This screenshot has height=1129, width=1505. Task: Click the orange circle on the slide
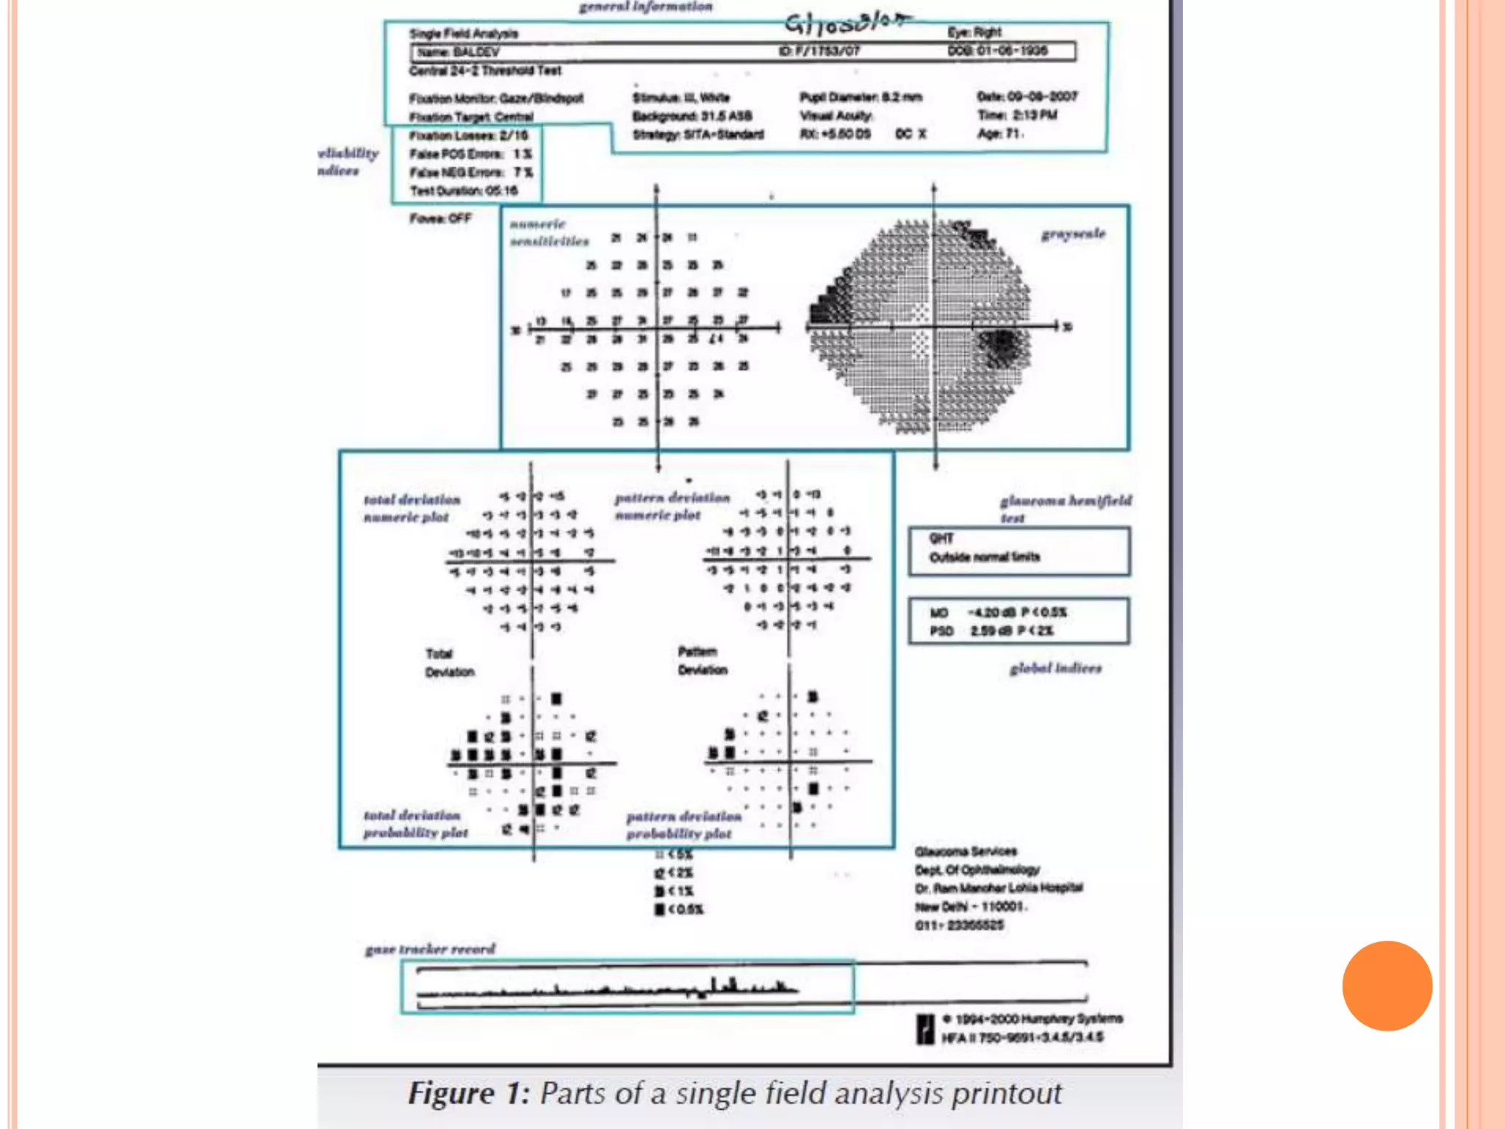[x=1387, y=985]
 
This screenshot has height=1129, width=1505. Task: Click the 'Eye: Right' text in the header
[x=974, y=32]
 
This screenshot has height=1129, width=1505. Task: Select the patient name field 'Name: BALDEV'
[x=458, y=51]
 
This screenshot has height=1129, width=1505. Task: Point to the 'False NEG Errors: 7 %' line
[x=471, y=172]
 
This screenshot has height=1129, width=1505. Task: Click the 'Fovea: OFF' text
[x=440, y=218]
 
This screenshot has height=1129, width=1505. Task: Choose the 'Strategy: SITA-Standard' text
[x=698, y=135]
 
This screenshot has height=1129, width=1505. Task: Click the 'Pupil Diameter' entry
[x=861, y=97]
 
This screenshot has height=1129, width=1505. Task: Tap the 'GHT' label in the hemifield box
[x=941, y=538]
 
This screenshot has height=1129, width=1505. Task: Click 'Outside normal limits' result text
[x=985, y=557]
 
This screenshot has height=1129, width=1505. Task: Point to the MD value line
[x=998, y=612]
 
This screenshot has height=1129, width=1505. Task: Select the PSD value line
[x=992, y=631]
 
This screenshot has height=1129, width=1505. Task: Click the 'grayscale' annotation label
[x=1073, y=234]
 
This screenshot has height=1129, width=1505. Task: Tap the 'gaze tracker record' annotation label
[x=431, y=949]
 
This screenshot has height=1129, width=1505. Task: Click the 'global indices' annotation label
[x=1055, y=668]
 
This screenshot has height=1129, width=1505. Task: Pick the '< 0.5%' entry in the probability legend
[x=679, y=909]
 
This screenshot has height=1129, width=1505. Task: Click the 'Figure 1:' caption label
[x=469, y=1094]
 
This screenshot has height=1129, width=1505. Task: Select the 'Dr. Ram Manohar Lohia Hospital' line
[x=999, y=888]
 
